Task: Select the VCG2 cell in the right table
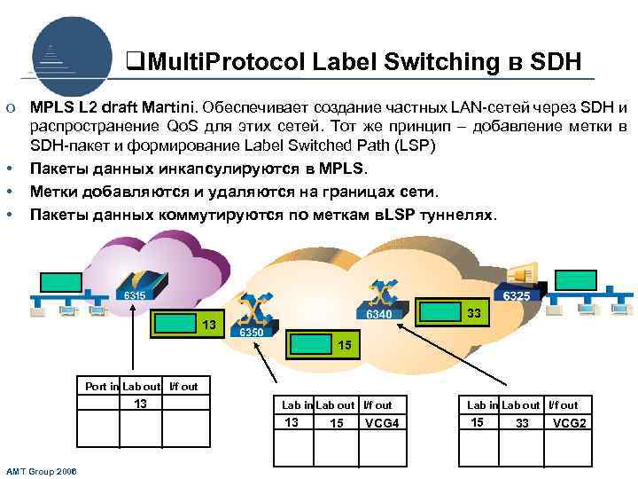[569, 423]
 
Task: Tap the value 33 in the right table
[523, 423]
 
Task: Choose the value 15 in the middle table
[337, 423]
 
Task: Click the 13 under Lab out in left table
[140, 404]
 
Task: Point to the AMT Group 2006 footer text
[41, 471]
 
